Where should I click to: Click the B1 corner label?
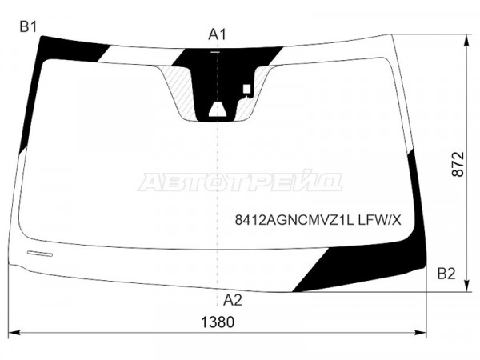28,27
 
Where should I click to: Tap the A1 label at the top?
217,34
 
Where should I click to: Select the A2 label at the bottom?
232,300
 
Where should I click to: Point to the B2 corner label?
446,274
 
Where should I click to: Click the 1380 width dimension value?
218,322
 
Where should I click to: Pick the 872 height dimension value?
458,164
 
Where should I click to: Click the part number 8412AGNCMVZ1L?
294,220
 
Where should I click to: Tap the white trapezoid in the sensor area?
218,110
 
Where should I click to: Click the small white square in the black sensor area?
246,89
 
